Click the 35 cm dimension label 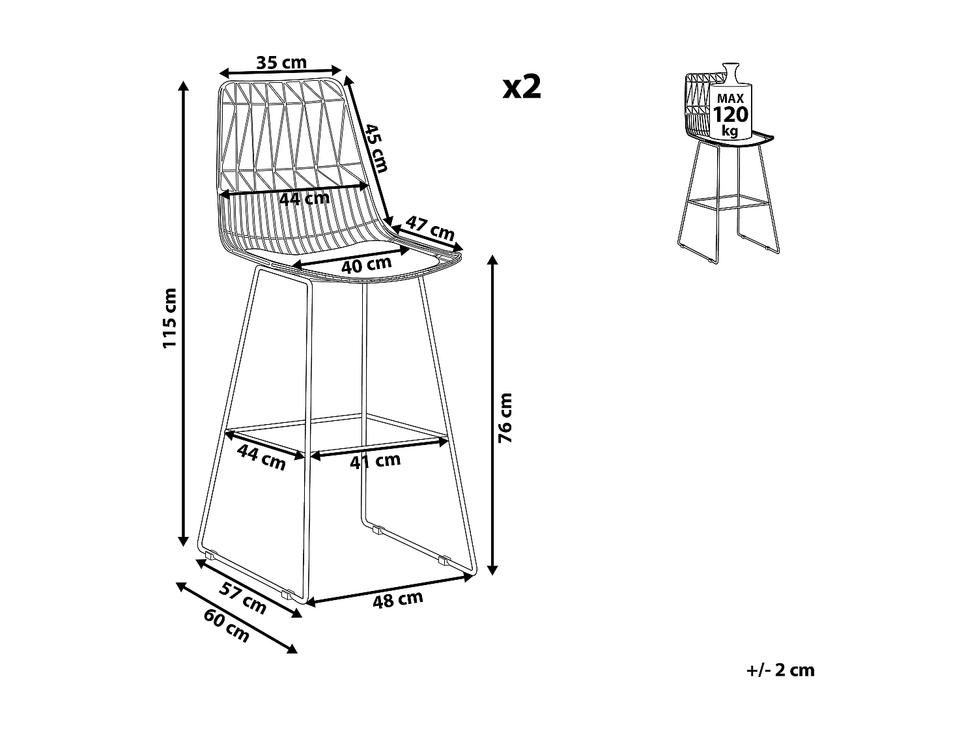pos(281,63)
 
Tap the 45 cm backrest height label pos(376,148)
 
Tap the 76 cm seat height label pos(505,418)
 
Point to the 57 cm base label pos(242,598)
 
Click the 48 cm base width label pos(397,599)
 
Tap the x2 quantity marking pos(522,87)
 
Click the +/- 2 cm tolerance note pos(780,670)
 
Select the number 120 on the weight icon pos(731,115)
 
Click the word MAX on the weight pos(731,98)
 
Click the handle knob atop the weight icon pos(729,68)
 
